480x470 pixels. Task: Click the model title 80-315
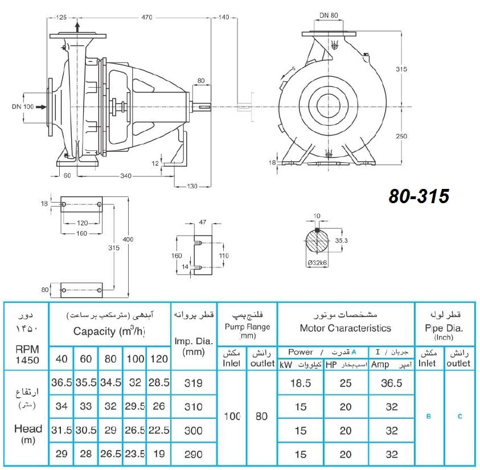(x=419, y=196)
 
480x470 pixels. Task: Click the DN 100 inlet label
(x=23, y=107)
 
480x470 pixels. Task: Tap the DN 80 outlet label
(x=329, y=15)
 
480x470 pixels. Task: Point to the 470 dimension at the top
(x=147, y=18)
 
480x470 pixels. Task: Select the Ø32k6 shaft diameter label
(x=317, y=262)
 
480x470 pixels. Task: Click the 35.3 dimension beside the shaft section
(x=341, y=241)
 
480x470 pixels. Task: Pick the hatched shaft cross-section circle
(x=317, y=241)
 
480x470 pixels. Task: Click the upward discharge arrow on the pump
(x=77, y=27)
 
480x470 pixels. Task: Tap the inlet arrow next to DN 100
(x=42, y=107)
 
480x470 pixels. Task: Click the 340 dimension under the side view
(x=126, y=176)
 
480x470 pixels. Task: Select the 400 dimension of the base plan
(x=128, y=240)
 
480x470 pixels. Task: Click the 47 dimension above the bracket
(x=203, y=222)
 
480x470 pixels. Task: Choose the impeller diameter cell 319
(x=194, y=383)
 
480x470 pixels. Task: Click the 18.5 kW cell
(x=301, y=383)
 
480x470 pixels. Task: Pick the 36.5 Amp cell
(x=392, y=383)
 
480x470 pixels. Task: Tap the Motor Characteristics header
(x=346, y=328)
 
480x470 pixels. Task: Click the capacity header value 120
(x=159, y=358)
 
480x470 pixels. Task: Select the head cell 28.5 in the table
(x=159, y=382)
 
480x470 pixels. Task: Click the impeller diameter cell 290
(x=194, y=455)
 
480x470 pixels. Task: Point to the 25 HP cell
(x=346, y=383)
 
